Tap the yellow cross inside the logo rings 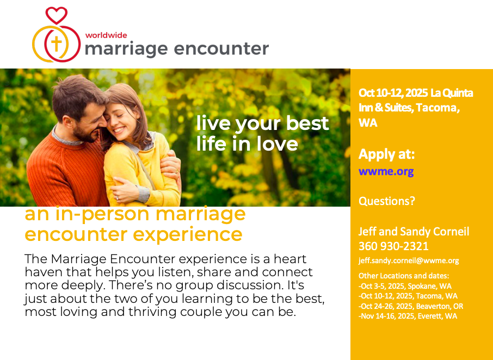(56, 44)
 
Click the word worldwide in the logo (106, 35)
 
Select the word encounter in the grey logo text (221, 49)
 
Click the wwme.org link (386, 171)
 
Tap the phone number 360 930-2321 (393, 246)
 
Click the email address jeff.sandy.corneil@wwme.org (409, 260)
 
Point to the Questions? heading (387, 201)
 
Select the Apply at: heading (386, 154)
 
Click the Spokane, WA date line (405, 286)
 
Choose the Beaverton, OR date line (411, 306)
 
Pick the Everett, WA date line (408, 316)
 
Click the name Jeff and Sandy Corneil (414, 232)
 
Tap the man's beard (85, 134)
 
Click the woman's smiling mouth (118, 129)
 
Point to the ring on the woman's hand (118, 197)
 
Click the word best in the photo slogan (307, 123)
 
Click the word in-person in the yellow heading (102, 215)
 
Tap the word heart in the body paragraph (290, 259)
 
